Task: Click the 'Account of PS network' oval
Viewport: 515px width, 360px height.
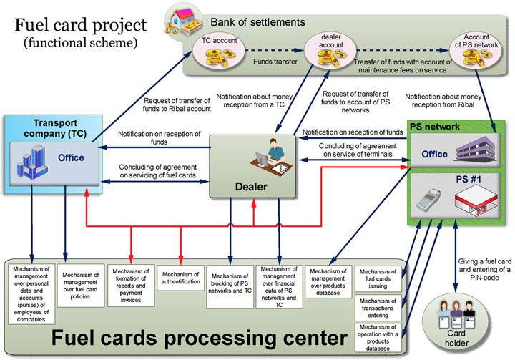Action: (x=477, y=51)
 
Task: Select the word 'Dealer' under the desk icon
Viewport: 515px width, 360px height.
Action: (x=252, y=186)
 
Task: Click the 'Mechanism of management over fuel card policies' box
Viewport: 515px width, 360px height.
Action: (x=80, y=286)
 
